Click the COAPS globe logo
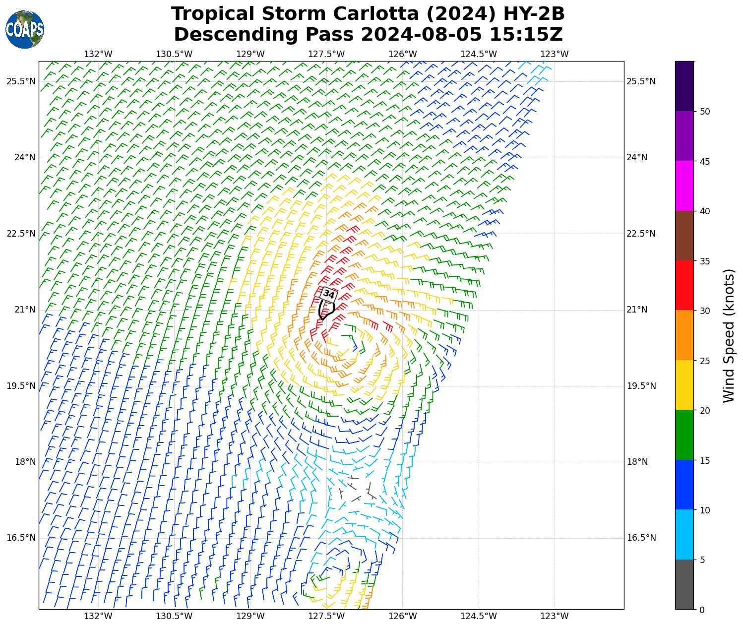coord(25,29)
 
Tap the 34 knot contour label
coord(329,294)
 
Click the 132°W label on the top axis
coord(98,54)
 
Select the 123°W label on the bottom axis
coord(554,616)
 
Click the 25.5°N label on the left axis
coord(21,81)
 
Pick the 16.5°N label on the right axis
coord(641,538)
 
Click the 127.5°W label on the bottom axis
coord(326,616)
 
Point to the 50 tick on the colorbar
coord(704,112)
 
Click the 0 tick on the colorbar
coord(701,610)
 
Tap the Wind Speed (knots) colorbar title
coord(728,335)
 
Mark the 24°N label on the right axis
coord(637,158)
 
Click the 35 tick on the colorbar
coord(704,261)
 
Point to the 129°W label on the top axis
coord(250,54)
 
